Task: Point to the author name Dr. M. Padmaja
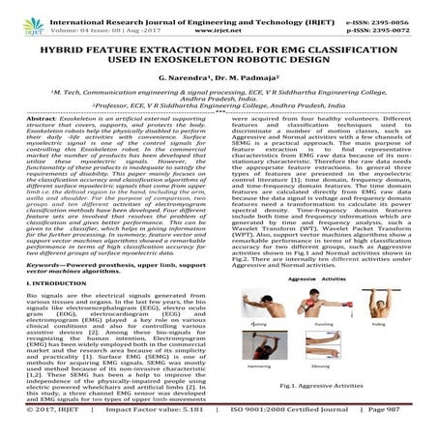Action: coord(252,71)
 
